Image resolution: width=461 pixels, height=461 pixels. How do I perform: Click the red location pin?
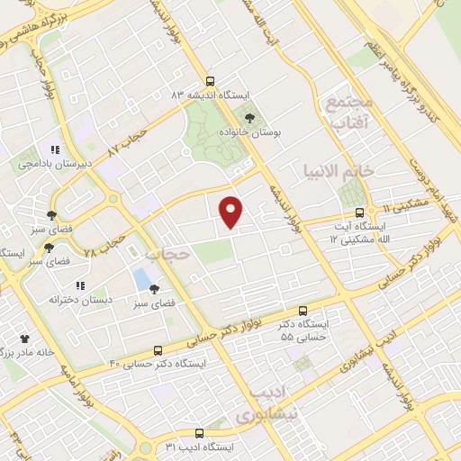point(231,211)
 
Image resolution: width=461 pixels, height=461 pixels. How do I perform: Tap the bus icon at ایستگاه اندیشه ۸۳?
point(210,81)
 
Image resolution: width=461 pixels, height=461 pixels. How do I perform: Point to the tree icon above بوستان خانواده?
point(250,117)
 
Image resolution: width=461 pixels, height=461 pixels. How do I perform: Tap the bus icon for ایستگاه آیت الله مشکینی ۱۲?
point(359,213)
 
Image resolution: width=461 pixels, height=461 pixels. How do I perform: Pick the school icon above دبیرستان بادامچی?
point(55,149)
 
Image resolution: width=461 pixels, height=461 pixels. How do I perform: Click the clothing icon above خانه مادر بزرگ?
point(24,340)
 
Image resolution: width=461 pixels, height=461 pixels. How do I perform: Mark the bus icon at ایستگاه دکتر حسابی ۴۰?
point(158,350)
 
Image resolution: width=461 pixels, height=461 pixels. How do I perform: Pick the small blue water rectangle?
point(141,279)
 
